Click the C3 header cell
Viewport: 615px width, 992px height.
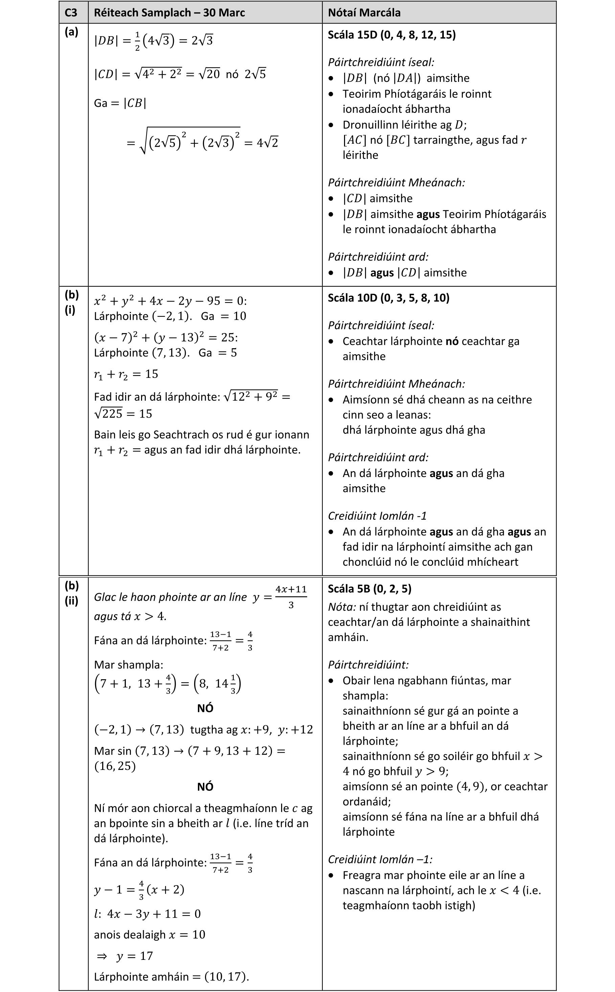(x=71, y=13)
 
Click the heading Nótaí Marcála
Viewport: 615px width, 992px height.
(x=364, y=13)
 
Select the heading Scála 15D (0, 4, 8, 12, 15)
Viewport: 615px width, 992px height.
(x=391, y=34)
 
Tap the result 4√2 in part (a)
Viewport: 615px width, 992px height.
(x=267, y=143)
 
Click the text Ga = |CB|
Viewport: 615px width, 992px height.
(x=120, y=103)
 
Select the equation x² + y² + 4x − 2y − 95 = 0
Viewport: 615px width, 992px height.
(x=170, y=301)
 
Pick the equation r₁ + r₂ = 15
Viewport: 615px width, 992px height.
(x=126, y=374)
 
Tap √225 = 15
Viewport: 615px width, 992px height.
(x=123, y=414)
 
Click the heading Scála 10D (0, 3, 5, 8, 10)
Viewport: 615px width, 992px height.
(x=388, y=298)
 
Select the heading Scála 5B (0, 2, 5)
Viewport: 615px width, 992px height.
(x=369, y=589)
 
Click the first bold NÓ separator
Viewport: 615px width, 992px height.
(x=205, y=708)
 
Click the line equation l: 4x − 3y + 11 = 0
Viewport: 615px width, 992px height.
(x=147, y=914)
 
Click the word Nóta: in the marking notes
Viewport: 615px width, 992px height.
(x=342, y=607)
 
